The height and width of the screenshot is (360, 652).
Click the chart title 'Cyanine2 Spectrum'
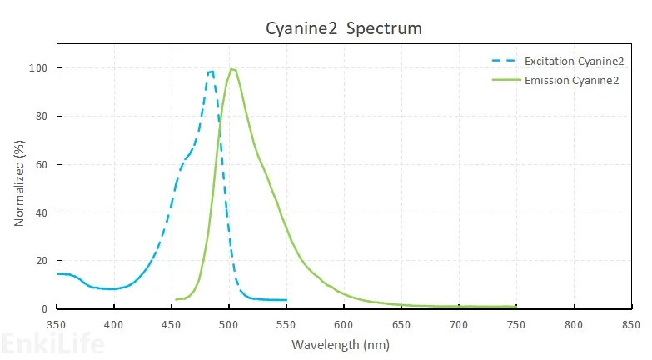[344, 28]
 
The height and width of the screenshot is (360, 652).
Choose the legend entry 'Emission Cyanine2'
[570, 81]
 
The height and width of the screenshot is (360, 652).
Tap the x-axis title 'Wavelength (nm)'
[341, 343]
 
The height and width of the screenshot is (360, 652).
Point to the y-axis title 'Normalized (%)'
[19, 183]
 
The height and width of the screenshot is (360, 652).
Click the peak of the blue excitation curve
[212, 72]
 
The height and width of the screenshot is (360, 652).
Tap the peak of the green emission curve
[232, 69]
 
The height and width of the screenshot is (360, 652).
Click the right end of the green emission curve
[516, 307]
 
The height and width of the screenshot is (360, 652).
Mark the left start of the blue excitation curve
[57, 273]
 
